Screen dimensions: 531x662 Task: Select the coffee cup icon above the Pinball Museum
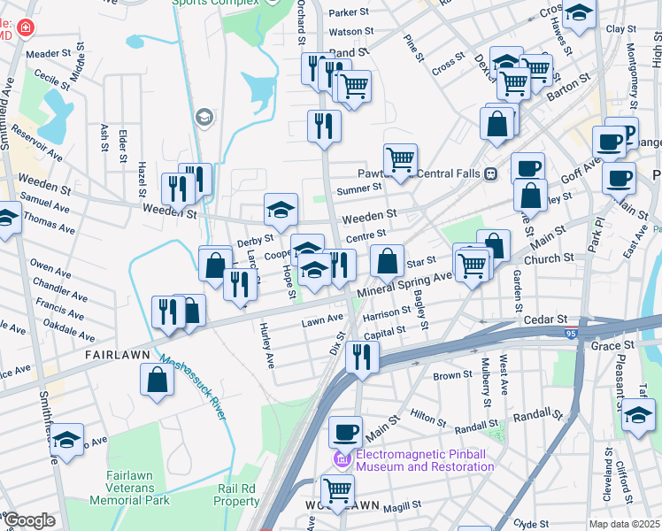(345, 431)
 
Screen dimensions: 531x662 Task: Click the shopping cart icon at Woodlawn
(337, 489)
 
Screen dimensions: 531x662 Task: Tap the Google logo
(29, 520)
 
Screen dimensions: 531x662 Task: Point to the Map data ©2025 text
(624, 524)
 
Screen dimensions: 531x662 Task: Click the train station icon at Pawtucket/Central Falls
(489, 173)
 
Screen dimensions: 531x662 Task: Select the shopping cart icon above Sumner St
(400, 159)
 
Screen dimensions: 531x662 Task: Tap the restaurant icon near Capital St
(361, 356)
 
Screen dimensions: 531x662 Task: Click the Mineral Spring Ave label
(404, 282)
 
